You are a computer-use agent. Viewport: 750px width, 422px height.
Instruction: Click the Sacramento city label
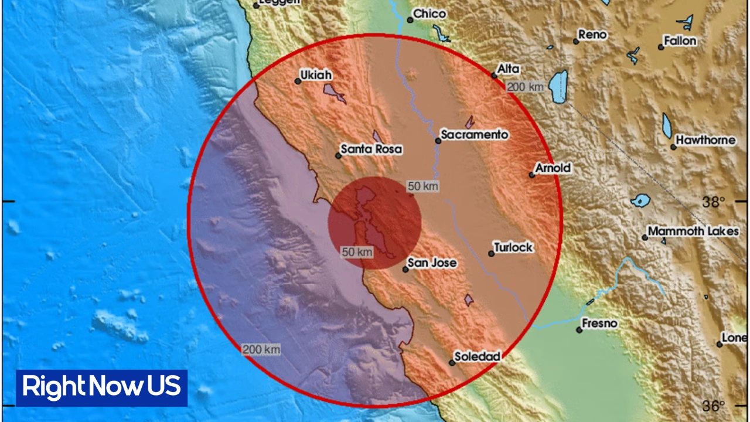[x=474, y=135]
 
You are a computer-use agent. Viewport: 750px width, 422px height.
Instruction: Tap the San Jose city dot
[x=405, y=270]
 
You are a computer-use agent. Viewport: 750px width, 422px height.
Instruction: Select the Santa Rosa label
[x=371, y=149]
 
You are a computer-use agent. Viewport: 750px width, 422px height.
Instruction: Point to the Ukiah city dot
[x=298, y=81]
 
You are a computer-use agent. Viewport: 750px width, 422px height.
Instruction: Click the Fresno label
[x=599, y=324]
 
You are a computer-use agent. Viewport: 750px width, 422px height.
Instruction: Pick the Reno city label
[x=592, y=35]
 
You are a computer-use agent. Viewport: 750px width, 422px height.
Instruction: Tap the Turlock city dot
[x=492, y=254]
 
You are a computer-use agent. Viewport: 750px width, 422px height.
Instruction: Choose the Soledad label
[x=478, y=356]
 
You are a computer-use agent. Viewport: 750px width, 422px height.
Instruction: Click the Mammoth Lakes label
[x=693, y=232]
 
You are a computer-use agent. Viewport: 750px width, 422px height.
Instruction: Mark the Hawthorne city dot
[x=674, y=147]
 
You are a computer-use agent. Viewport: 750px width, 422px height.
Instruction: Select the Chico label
[x=429, y=13]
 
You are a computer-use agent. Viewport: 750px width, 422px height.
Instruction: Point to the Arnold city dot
[x=532, y=175]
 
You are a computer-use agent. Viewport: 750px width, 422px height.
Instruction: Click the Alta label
[x=508, y=69]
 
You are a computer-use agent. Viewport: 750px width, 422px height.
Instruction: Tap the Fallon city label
[x=680, y=41]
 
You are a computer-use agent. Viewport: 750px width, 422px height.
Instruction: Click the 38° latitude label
[x=713, y=202]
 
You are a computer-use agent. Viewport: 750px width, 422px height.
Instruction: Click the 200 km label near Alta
[x=525, y=87]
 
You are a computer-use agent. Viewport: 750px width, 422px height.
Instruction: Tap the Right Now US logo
[x=101, y=387]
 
